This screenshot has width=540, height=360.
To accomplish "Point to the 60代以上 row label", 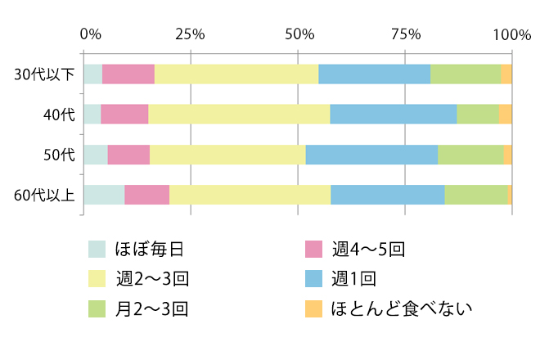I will point(44,195).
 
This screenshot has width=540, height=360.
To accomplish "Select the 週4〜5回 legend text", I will point(369,249).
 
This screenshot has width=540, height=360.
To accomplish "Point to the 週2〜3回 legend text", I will point(153,279).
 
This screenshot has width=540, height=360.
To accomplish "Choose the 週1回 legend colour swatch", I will point(313,279).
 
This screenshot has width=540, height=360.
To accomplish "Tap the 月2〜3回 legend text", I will point(153,309).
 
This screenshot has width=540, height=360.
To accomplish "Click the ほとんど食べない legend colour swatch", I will point(313,309).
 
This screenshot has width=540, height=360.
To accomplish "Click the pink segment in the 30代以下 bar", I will point(128,74).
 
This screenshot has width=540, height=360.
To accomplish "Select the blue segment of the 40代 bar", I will point(393,114).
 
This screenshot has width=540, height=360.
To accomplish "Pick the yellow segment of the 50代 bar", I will point(227,154).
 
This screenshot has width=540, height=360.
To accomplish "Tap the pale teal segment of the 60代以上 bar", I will point(104,195).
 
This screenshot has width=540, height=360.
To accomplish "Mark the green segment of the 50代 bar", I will point(470,154).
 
